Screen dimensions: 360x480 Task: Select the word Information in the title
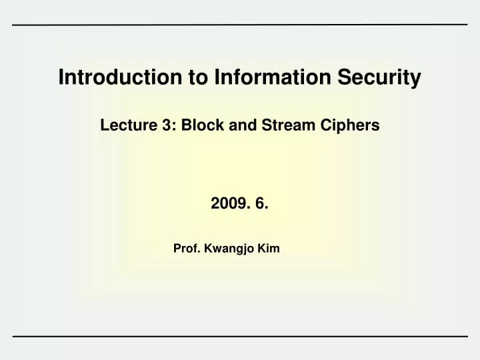(229, 78)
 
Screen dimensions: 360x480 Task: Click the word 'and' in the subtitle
(233, 125)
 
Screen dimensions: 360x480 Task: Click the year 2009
(226, 204)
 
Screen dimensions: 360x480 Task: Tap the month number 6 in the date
(261, 204)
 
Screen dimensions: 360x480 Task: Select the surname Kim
(269, 249)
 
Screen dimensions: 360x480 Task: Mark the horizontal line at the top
(240, 25)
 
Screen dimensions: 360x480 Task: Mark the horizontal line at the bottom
(240, 335)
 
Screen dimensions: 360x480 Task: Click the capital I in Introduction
(61, 78)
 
